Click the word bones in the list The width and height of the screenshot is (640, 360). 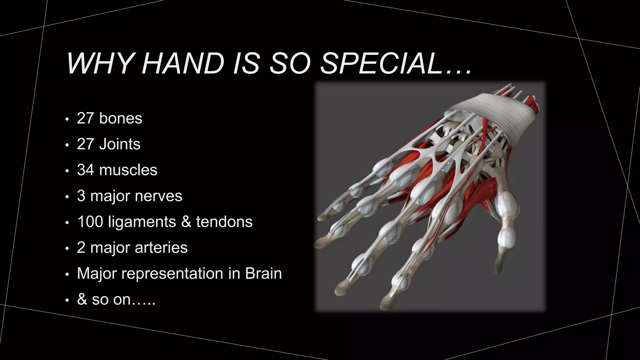tap(120, 118)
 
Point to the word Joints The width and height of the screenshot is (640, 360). tap(120, 144)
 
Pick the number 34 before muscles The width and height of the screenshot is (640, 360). tap(85, 170)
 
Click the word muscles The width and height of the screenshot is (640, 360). tap(128, 170)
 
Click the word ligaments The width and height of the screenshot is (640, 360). tap(142, 222)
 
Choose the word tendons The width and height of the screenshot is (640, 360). tap(224, 222)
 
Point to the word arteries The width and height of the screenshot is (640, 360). tap(161, 247)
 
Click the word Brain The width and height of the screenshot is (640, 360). tap(263, 273)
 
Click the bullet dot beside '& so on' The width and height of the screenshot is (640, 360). tap(67, 300)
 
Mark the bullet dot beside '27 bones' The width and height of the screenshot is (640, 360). tap(67, 119)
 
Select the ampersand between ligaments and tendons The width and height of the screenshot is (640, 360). tap(186, 222)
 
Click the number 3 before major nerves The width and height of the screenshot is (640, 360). tap(81, 196)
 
